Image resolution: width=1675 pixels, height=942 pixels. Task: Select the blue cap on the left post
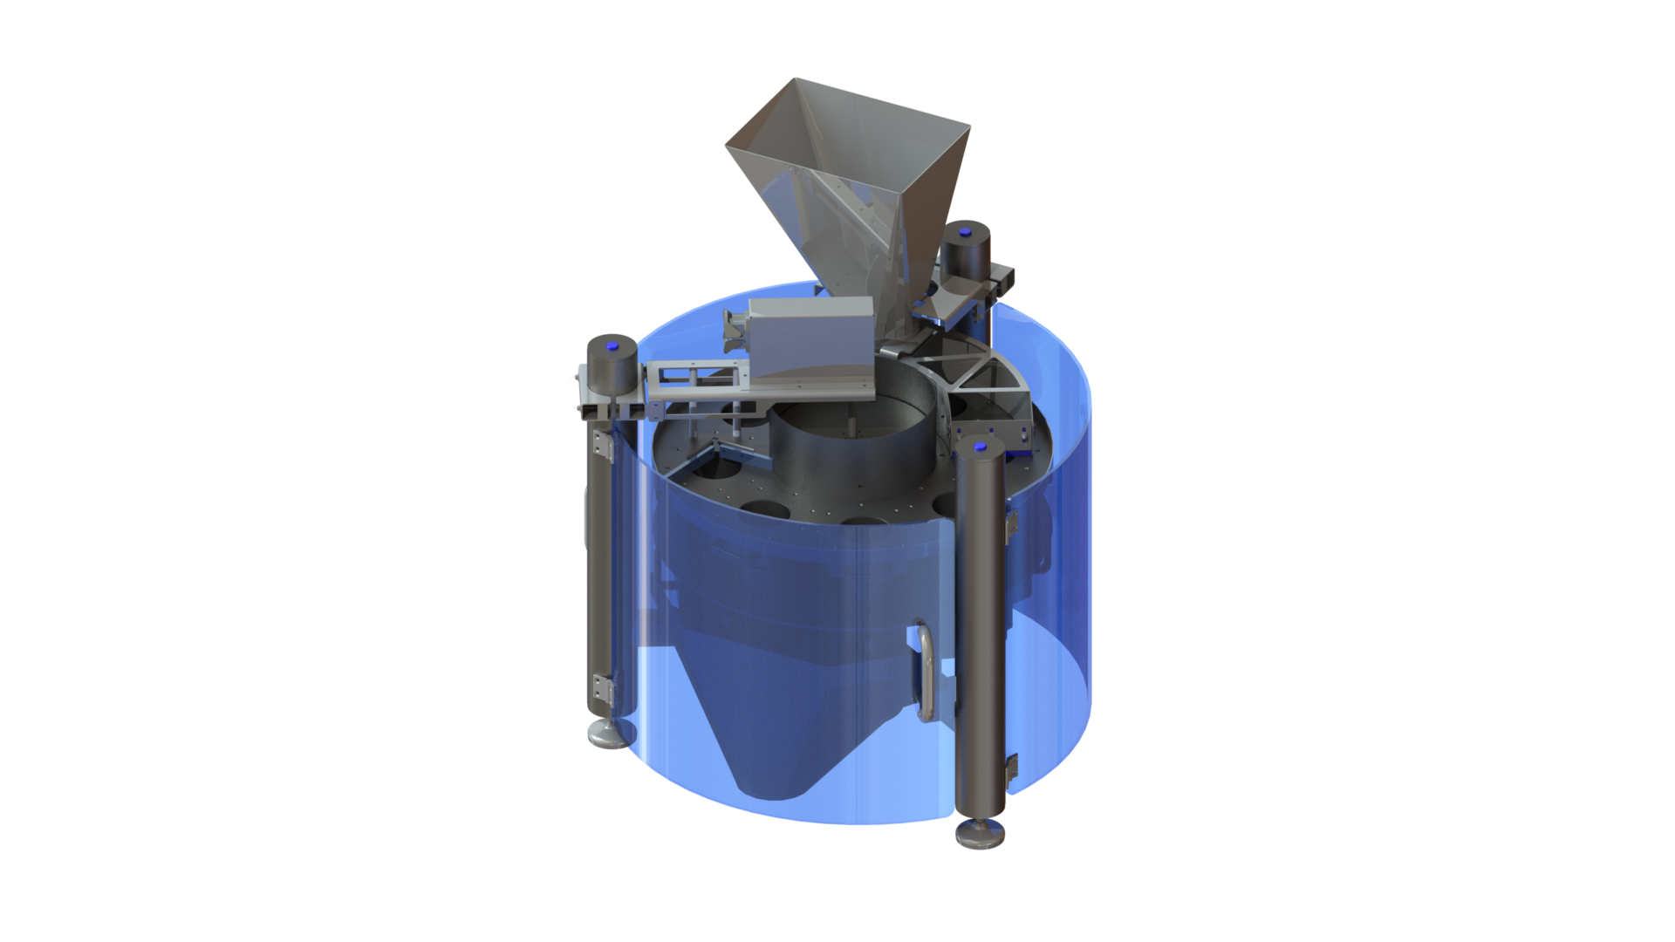pos(611,347)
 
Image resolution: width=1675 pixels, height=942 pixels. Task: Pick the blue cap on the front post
pos(980,447)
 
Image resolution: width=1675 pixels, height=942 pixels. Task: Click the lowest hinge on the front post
pos(1012,768)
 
